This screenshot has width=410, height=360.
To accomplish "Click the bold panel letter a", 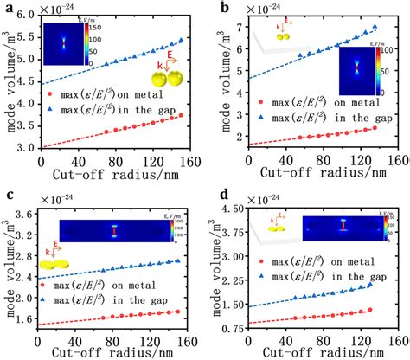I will point(6,8).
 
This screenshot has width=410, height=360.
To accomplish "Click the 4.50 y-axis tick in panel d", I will point(234,209).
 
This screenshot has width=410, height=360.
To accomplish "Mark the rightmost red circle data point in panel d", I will point(369,309).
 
